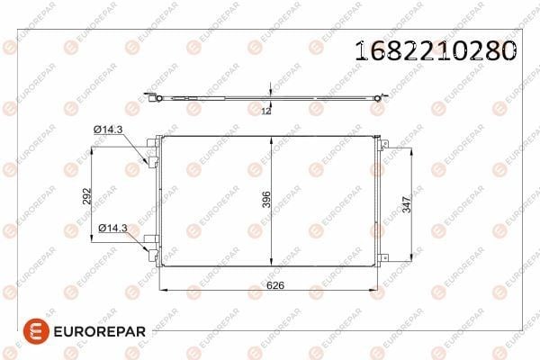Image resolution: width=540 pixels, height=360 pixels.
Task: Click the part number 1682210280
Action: pyautogui.click(x=436, y=51)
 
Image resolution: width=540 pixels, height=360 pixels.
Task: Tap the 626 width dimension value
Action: pyautogui.click(x=275, y=285)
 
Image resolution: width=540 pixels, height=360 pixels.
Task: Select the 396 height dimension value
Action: pyautogui.click(x=266, y=200)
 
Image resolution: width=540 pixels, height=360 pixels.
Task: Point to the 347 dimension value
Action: pyautogui.click(x=407, y=204)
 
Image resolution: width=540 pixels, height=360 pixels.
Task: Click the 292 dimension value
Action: pyautogui.click(x=86, y=196)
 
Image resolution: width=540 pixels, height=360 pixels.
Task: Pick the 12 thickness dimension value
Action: pyautogui.click(x=266, y=111)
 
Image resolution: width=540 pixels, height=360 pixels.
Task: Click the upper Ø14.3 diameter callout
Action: pyautogui.click(x=108, y=130)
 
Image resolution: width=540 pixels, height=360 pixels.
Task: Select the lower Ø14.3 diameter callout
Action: pyautogui.click(x=112, y=228)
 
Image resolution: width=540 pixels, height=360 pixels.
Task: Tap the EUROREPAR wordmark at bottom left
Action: pyautogui.click(x=100, y=332)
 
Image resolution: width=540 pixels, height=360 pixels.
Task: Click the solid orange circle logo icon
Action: pyautogui.click(x=36, y=331)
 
